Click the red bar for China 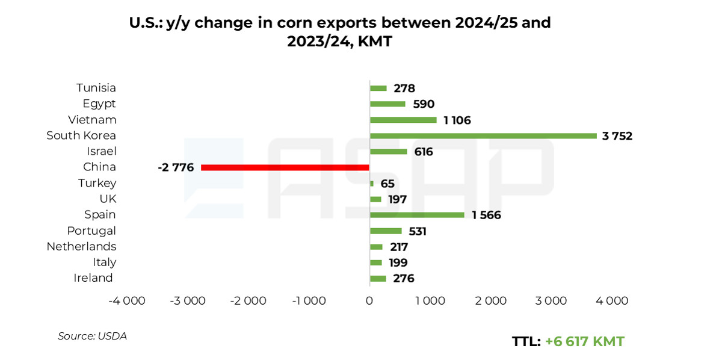(285, 167)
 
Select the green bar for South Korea (483, 135)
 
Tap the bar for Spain (417, 215)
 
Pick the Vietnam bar (403, 120)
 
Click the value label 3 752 (617, 136)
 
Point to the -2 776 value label (176, 167)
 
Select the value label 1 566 (486, 215)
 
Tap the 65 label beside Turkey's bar (387, 184)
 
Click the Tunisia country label (96, 88)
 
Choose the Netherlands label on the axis (81, 246)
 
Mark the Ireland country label (93, 278)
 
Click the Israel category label (101, 151)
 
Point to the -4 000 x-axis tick (127, 300)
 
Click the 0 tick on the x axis (369, 300)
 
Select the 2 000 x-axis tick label (491, 300)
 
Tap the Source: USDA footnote (92, 336)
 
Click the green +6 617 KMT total (584, 341)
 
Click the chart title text (340, 32)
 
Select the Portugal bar (386, 231)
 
